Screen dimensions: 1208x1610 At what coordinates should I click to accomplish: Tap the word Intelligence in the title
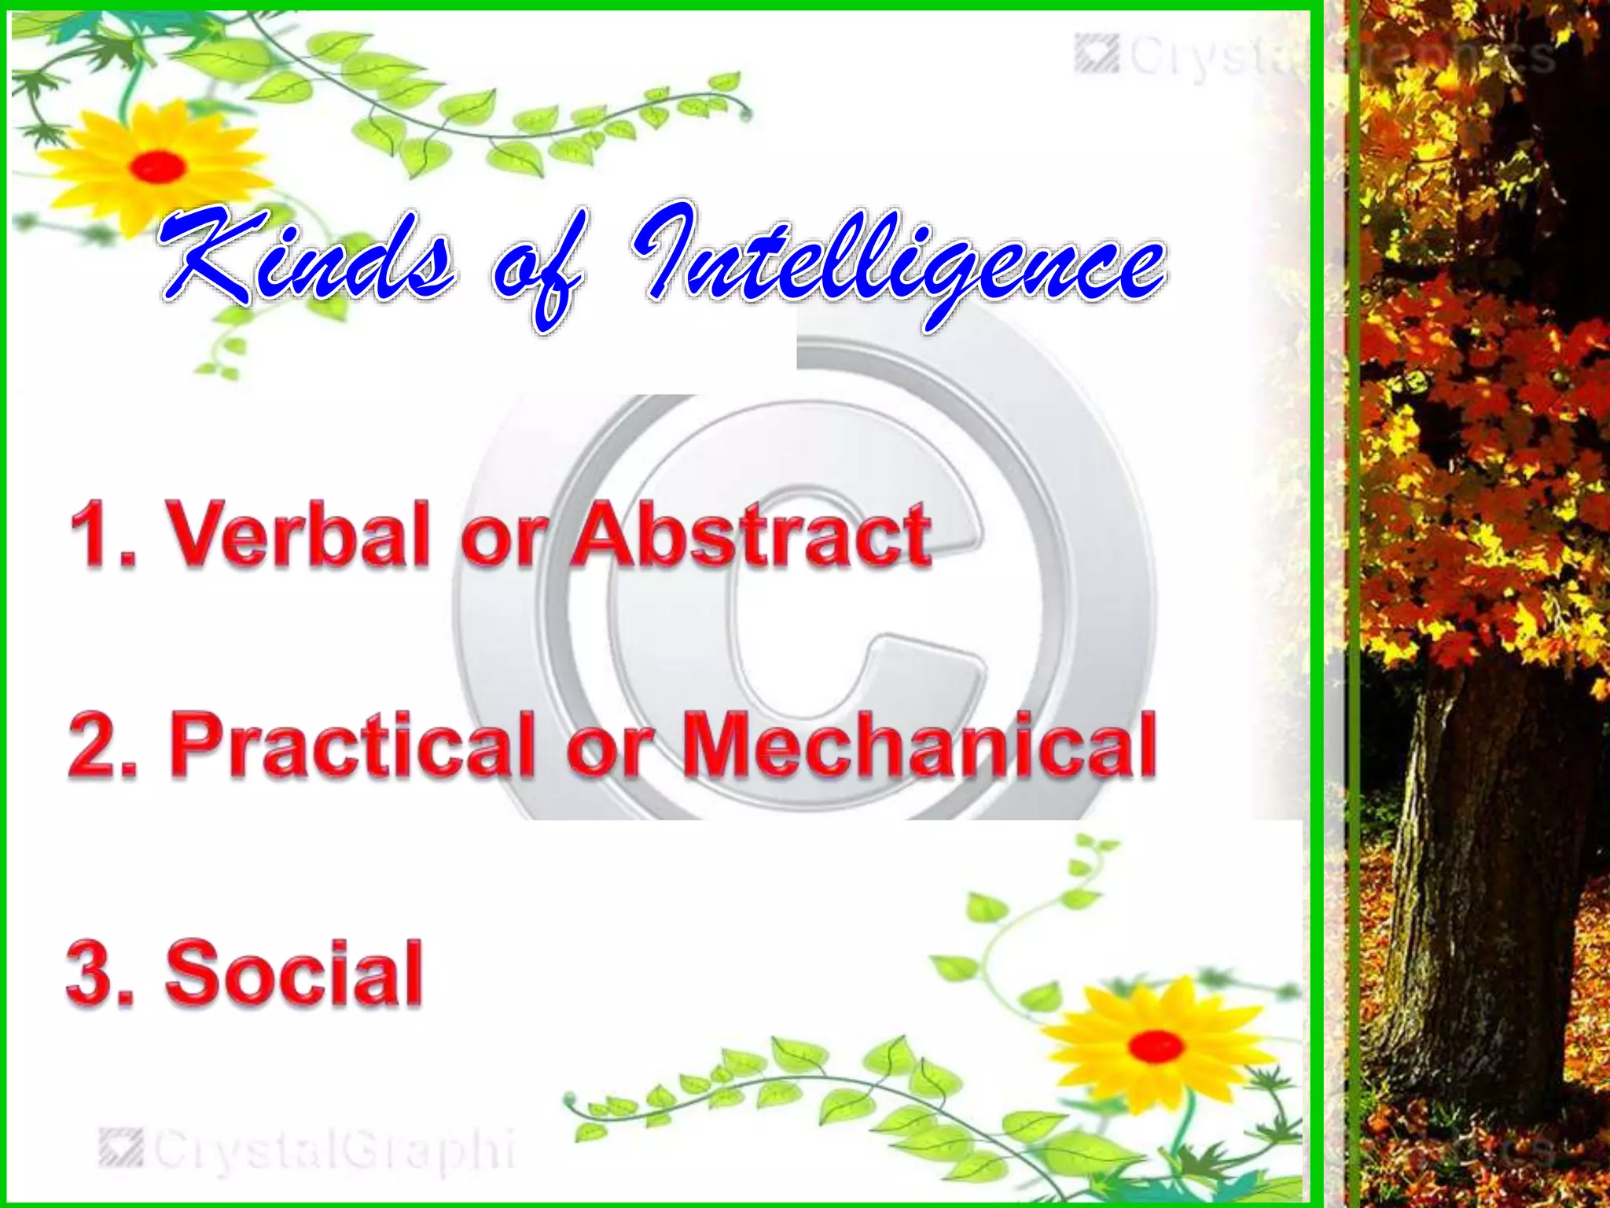[896, 263]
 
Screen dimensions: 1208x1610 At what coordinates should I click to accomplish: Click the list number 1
[98, 535]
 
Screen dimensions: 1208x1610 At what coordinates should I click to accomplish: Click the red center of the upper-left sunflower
[158, 166]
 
